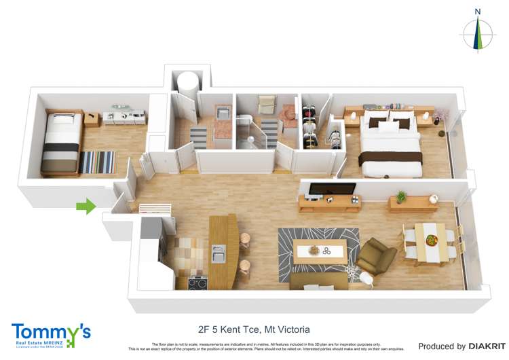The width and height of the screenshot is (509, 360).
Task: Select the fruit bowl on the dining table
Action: pyautogui.click(x=432, y=240)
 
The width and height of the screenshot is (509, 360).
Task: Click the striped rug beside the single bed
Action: pyautogui.click(x=97, y=162)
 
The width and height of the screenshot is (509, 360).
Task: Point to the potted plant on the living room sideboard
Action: pyautogui.click(x=401, y=197)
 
